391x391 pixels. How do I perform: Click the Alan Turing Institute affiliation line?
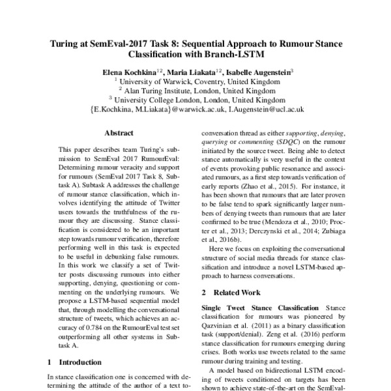click(196, 91)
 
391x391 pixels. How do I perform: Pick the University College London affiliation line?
click(196, 100)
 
